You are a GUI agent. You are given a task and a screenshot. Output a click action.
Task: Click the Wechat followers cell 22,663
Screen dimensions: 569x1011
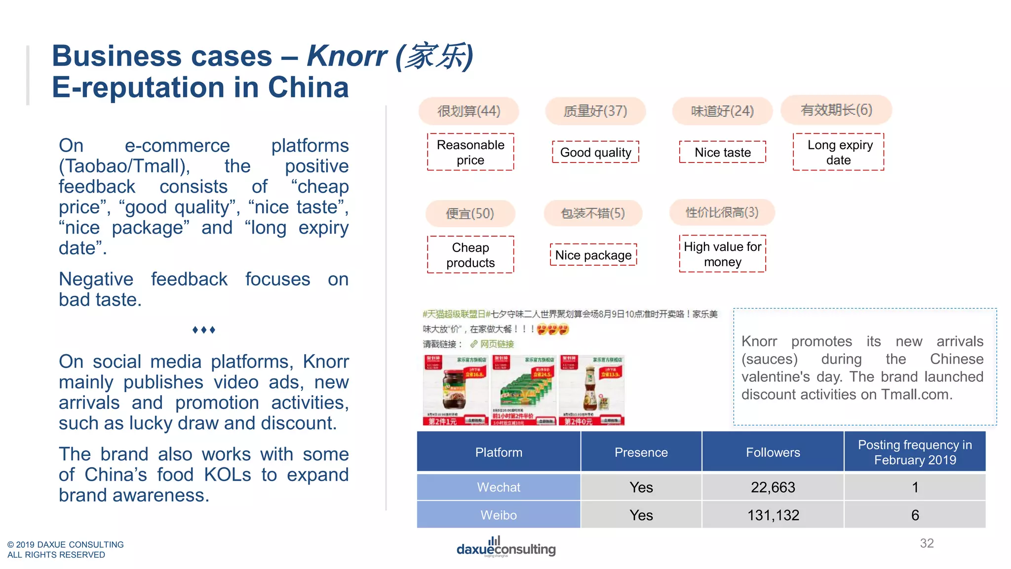point(773,487)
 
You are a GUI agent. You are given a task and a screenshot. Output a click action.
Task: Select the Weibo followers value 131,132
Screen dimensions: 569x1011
point(773,515)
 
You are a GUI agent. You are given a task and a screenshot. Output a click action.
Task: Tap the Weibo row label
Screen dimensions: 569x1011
point(499,515)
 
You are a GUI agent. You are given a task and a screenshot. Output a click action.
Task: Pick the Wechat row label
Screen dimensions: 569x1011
point(499,487)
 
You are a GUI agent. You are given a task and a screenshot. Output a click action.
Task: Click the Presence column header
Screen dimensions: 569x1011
point(641,452)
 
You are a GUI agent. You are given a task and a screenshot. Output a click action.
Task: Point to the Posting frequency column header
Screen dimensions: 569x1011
point(915,452)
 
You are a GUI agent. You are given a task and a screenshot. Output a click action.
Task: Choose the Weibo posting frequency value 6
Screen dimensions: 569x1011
point(915,515)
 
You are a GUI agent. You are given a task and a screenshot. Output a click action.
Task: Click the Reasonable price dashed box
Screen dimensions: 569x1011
point(470,152)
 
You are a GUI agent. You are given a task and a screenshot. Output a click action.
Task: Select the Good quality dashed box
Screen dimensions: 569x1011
point(595,152)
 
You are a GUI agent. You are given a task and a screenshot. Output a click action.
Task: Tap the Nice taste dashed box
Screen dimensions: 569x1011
point(722,152)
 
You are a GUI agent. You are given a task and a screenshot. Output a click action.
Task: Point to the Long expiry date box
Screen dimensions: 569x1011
point(839,152)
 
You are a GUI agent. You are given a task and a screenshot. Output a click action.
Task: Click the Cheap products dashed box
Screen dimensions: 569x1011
point(470,255)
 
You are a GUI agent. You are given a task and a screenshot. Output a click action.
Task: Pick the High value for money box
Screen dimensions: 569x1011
point(722,254)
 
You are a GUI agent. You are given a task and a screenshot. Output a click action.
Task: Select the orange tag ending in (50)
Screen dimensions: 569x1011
point(470,213)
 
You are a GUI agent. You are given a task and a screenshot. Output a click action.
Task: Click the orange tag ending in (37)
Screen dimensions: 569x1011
point(595,111)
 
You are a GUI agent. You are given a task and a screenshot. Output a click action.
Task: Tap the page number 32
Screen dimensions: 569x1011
point(927,543)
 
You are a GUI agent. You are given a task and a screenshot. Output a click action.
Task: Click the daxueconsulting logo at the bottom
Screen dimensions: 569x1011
point(505,547)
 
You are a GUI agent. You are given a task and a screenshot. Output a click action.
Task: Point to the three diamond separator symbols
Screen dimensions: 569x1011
point(203,329)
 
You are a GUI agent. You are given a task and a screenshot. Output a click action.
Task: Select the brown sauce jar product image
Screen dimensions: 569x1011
point(455,390)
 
